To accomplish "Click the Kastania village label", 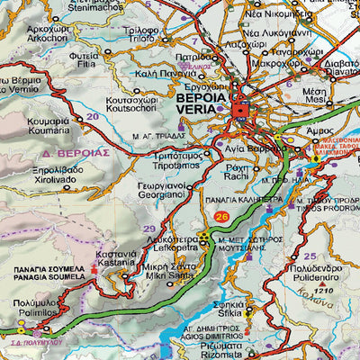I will click(117, 263).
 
